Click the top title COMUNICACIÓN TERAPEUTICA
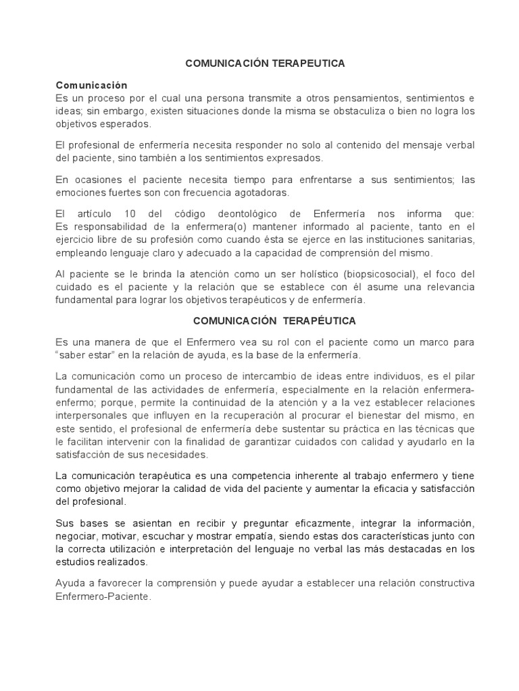point(266,63)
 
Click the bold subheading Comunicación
point(91,86)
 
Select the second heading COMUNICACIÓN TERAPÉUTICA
point(274,321)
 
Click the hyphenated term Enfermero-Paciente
point(100,597)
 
